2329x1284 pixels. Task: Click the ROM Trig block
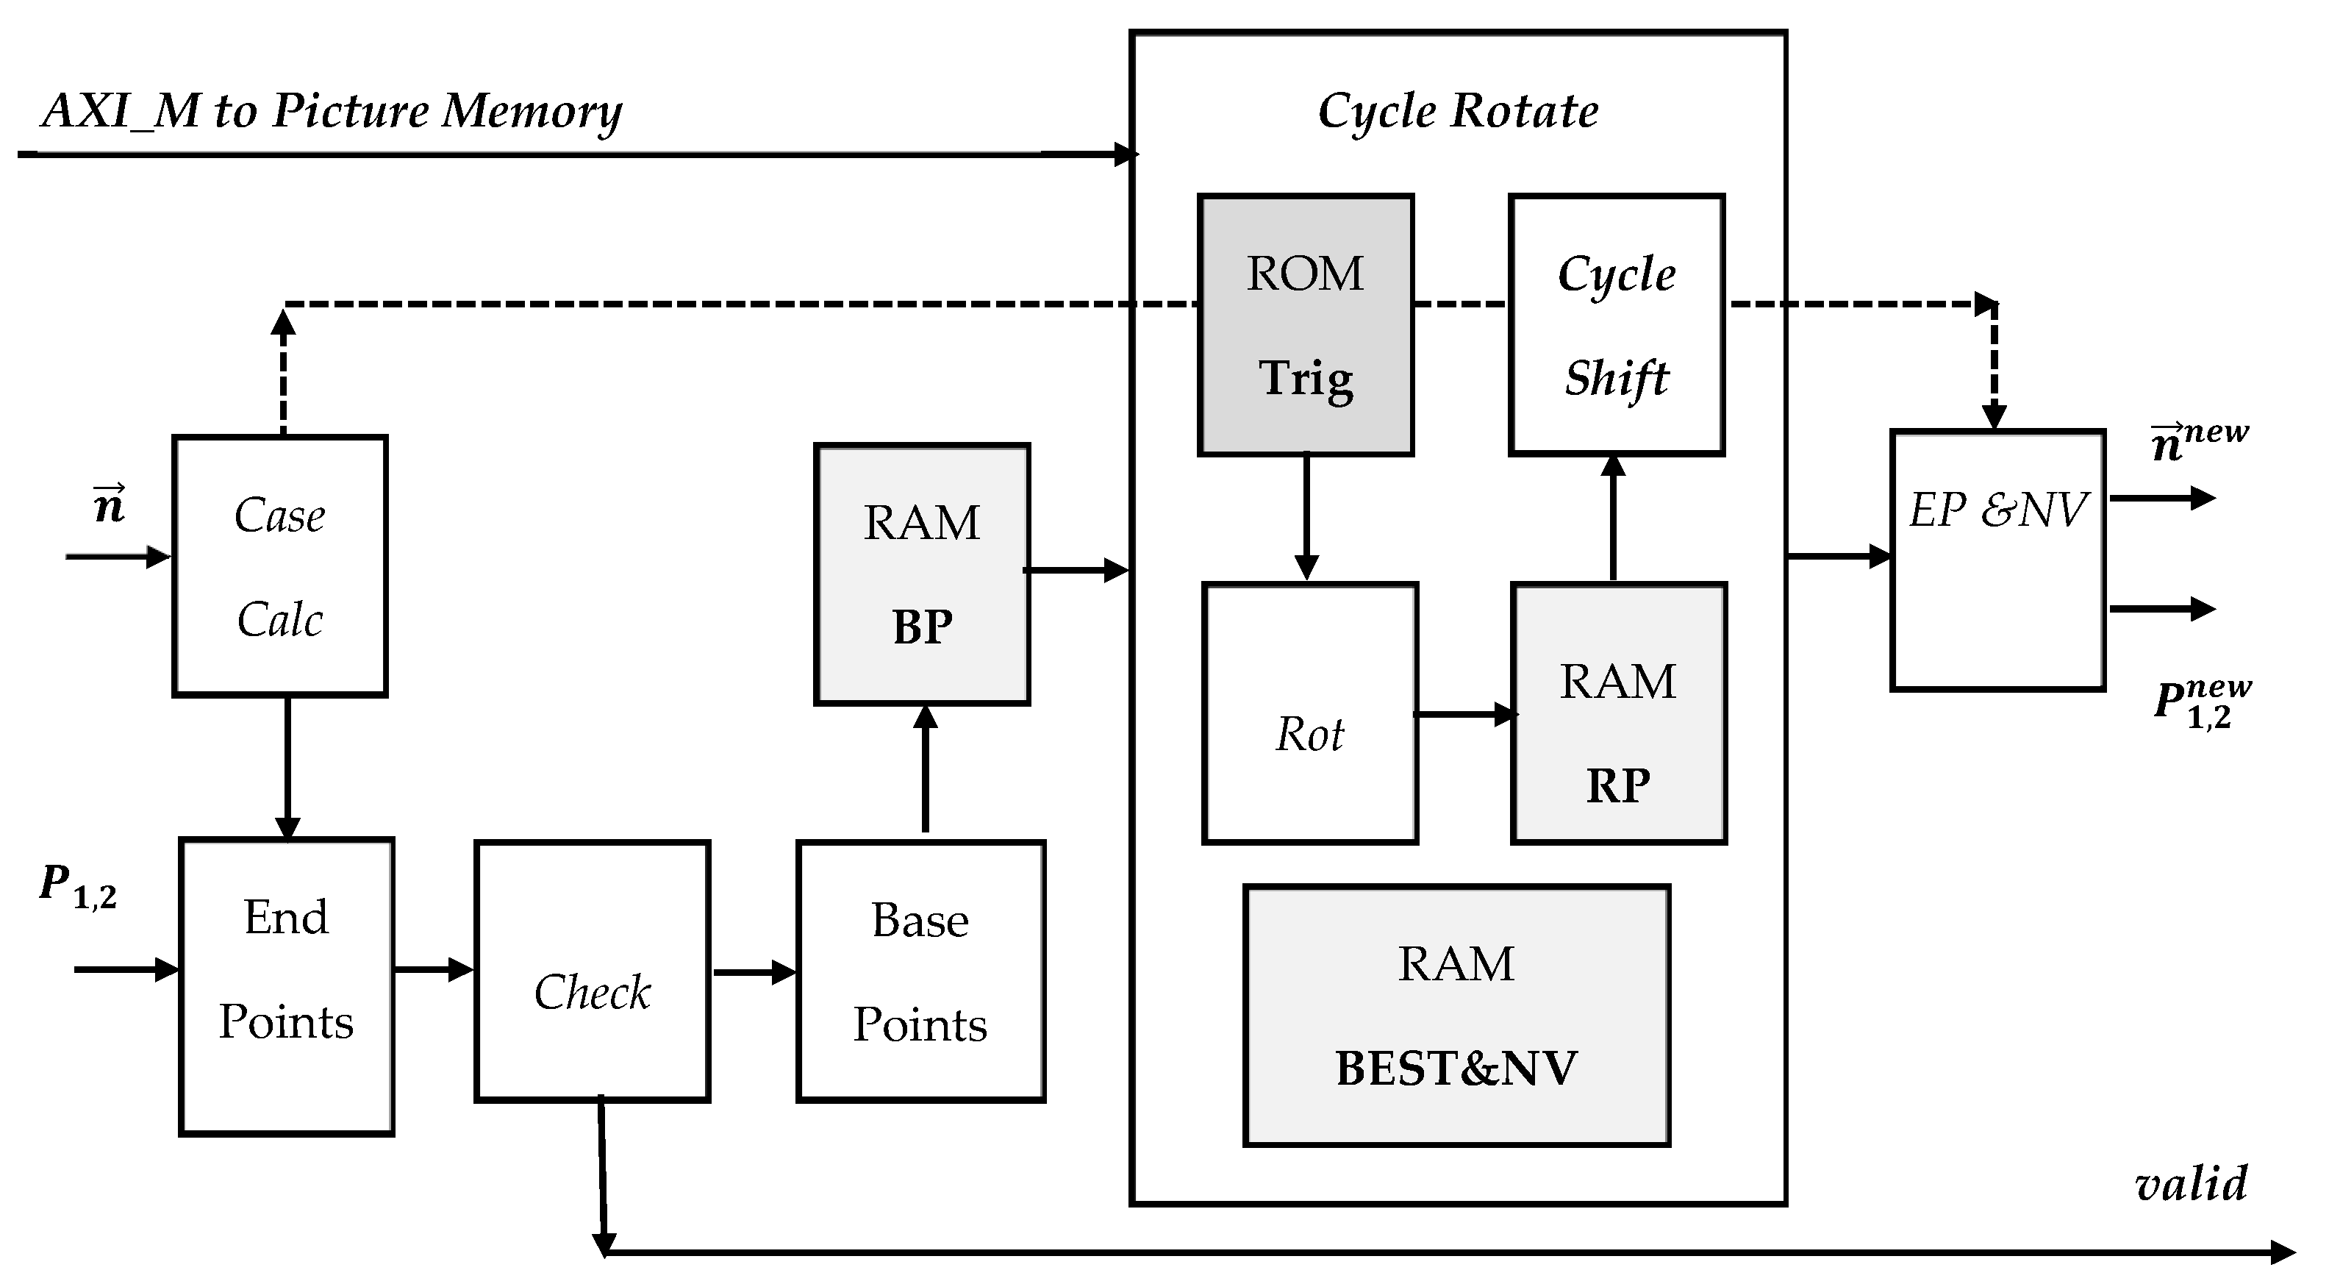coord(1305,326)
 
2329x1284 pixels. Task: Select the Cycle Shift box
coord(1616,326)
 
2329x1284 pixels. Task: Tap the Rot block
coord(1309,713)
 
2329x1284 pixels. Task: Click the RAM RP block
coord(1617,713)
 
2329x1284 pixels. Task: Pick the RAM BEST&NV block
coord(1456,1016)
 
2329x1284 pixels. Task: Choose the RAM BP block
coord(921,574)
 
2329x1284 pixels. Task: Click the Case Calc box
coord(279,567)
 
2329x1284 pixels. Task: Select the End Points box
coord(286,986)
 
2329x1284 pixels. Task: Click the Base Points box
coord(920,972)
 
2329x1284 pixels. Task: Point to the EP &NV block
coord(1997,560)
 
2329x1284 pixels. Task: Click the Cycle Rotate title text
coord(1457,112)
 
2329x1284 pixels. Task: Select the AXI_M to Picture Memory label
coord(332,112)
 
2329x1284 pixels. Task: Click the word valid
coord(2190,1185)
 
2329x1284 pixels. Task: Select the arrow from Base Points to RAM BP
coord(924,768)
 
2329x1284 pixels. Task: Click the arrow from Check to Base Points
coord(753,973)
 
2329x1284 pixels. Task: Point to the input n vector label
coord(110,504)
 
